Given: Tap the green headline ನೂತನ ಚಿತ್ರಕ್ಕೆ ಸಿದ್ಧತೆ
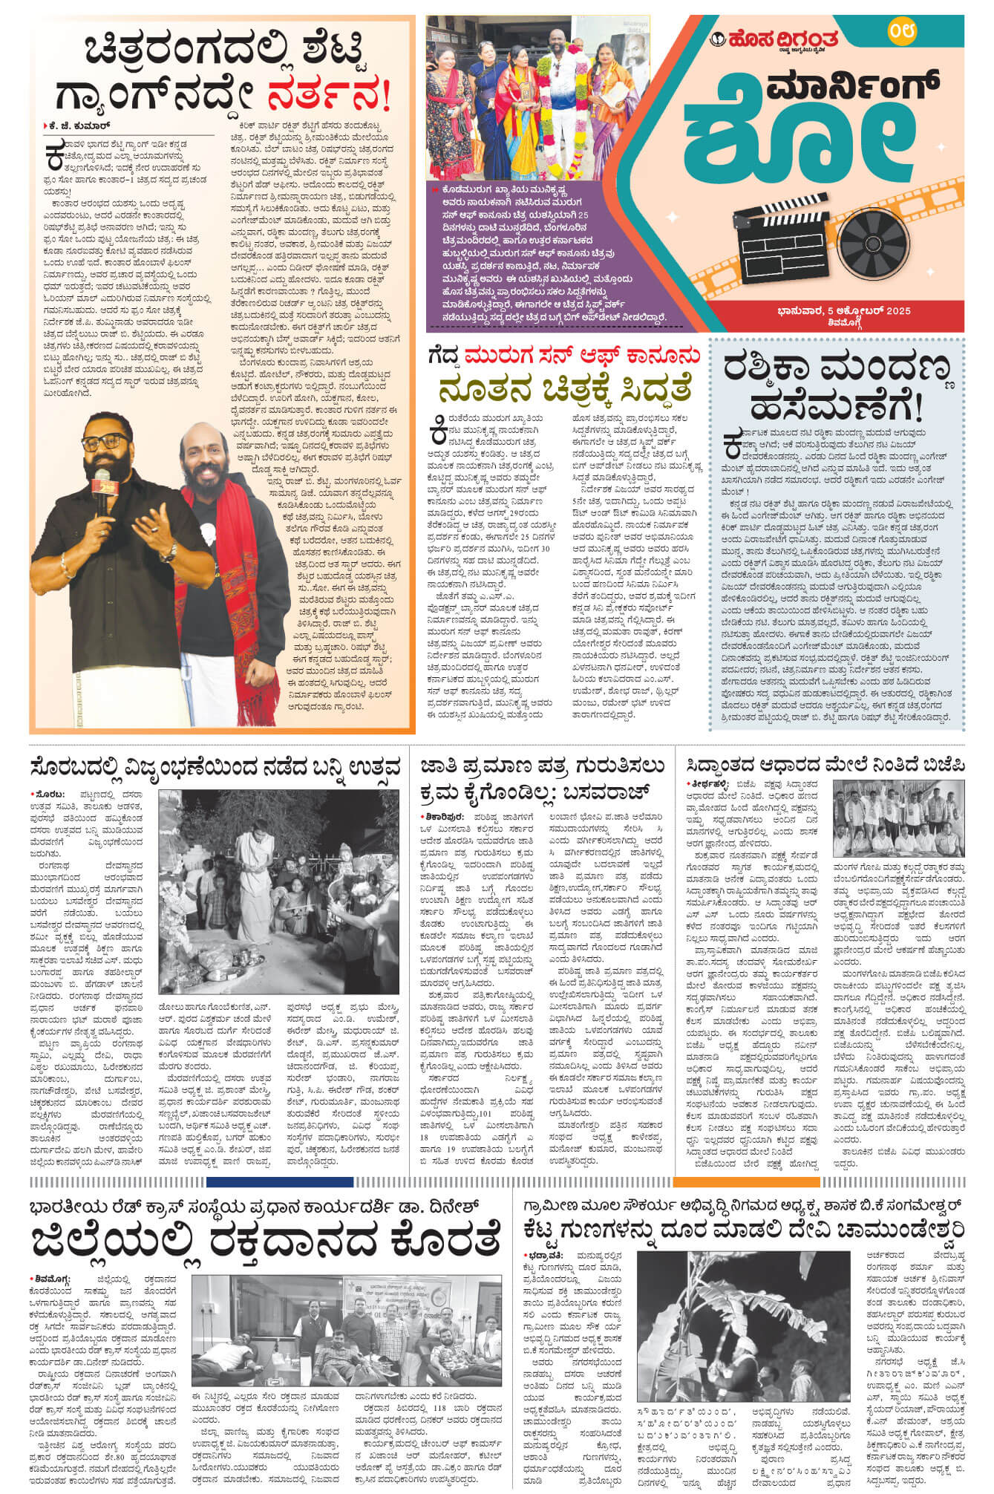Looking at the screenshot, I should click(565, 390).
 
